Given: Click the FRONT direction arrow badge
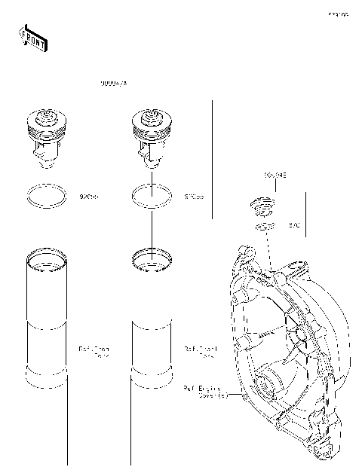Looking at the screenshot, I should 32,38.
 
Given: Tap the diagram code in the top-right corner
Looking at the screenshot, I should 337,14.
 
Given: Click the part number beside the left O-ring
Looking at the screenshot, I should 89,197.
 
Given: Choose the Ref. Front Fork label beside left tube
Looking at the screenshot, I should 94,352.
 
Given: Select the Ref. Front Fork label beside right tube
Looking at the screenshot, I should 200,352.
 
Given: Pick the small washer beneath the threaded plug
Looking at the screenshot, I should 263,226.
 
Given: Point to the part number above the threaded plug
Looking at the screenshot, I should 275,176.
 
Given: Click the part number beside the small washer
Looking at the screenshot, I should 295,225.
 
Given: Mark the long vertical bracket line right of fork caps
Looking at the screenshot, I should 213,158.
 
